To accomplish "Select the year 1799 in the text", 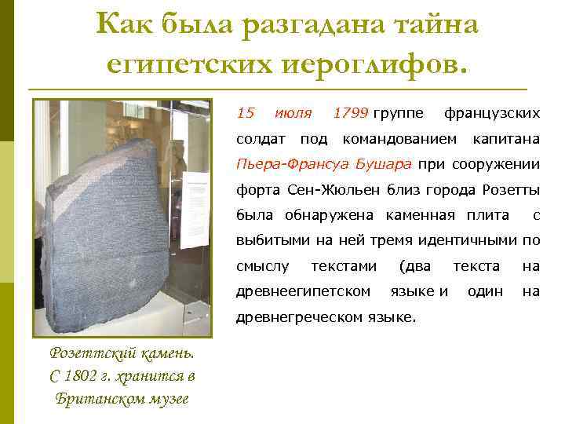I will click(350, 113).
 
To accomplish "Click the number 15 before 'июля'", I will click(246, 113).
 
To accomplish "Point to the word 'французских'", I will click(492, 113).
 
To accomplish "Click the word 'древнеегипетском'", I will click(304, 291).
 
